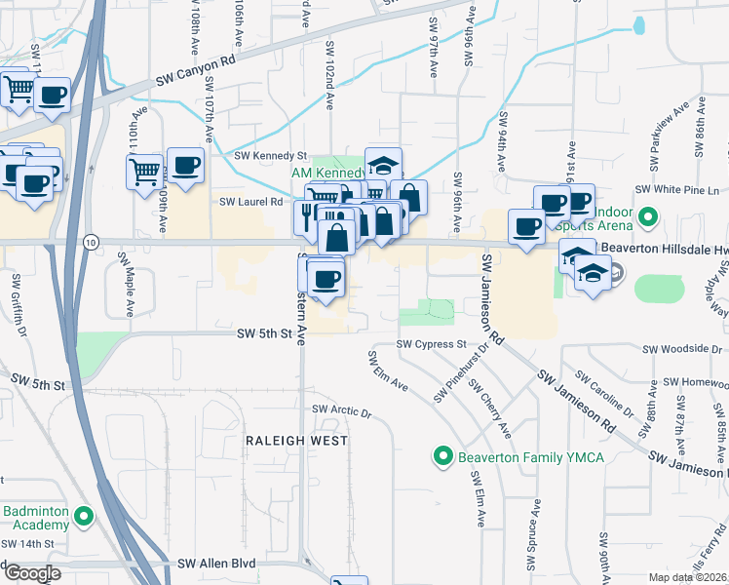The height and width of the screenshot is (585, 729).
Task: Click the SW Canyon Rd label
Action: tap(197, 74)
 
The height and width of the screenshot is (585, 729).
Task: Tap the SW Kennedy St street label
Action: tap(271, 156)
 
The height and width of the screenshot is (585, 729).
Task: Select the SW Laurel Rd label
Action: tap(250, 203)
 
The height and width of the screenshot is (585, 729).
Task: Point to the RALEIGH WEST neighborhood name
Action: tap(290, 441)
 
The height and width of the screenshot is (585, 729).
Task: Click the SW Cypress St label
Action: tap(432, 344)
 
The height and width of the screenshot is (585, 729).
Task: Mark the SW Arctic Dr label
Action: tap(341, 412)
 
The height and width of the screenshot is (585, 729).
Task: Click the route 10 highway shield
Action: tap(91, 241)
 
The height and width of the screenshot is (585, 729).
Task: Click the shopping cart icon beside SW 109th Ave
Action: tap(145, 173)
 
